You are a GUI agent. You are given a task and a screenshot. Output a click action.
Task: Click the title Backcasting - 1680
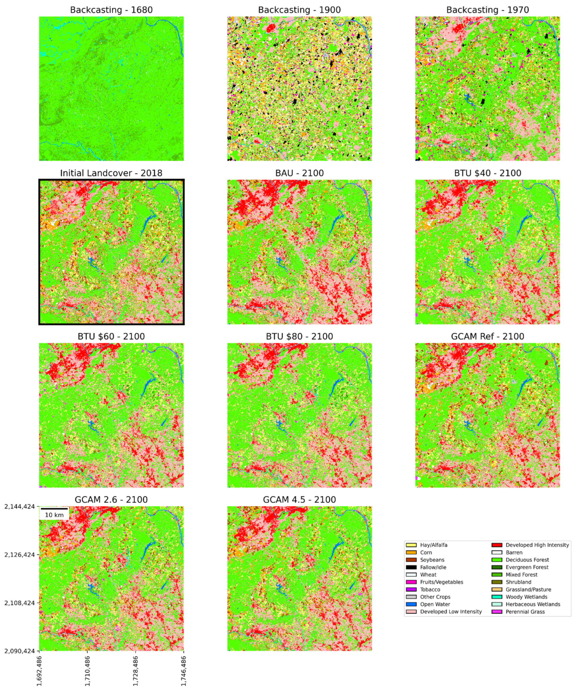click(111, 10)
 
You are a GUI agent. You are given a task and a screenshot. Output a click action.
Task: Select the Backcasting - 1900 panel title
click(299, 10)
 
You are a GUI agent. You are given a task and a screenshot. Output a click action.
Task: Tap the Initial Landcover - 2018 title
click(111, 173)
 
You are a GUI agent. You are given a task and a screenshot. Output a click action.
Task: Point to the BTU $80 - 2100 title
click(299, 337)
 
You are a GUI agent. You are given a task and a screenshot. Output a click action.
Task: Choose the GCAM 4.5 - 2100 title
click(299, 500)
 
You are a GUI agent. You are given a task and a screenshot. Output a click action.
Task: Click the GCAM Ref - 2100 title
click(487, 337)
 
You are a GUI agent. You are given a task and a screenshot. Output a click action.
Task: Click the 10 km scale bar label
click(55, 515)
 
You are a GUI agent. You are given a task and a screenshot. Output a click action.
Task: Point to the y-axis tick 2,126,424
click(20, 554)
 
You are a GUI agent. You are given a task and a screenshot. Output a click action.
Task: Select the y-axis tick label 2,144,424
click(20, 507)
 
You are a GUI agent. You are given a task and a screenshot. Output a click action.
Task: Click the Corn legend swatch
click(411, 553)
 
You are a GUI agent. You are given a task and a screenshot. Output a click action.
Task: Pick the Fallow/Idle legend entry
click(433, 567)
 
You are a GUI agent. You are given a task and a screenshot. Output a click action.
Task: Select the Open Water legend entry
click(435, 604)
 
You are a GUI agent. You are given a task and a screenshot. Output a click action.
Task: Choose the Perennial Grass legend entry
click(525, 612)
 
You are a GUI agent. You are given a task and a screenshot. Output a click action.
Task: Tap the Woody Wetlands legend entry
click(526, 597)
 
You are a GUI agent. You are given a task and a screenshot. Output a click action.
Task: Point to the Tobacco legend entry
click(430, 590)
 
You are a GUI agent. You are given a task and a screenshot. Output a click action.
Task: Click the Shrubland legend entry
click(518, 582)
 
